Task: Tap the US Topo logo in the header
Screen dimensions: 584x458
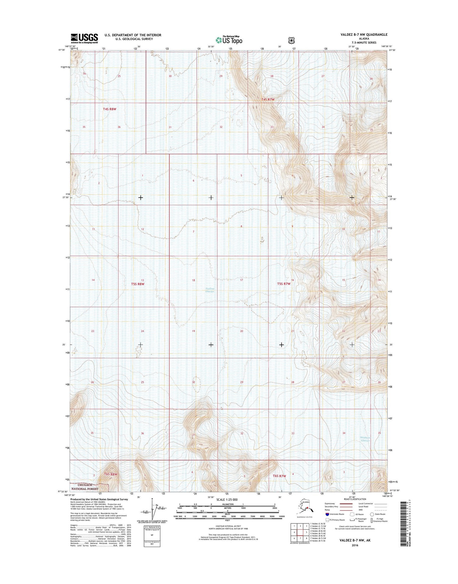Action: point(229,40)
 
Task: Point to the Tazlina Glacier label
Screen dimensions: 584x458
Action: point(210,290)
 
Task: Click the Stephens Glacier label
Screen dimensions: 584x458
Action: point(365,439)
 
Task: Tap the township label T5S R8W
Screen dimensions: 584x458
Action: point(137,284)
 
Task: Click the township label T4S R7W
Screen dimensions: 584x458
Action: point(268,100)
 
